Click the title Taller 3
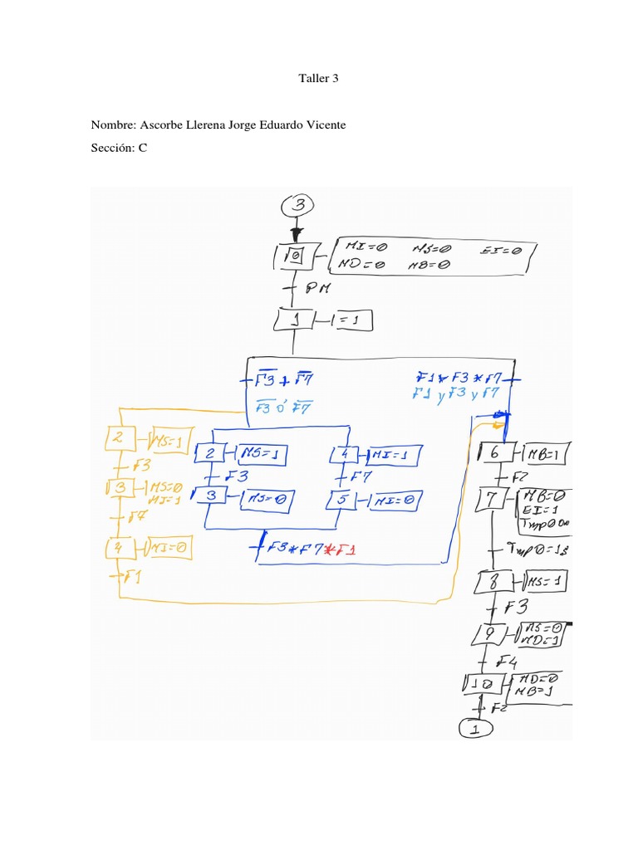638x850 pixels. click(x=319, y=79)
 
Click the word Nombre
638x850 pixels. click(x=113, y=125)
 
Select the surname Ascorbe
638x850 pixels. click(x=166, y=125)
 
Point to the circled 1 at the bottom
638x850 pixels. click(x=474, y=728)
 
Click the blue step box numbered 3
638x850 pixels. click(x=212, y=496)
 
